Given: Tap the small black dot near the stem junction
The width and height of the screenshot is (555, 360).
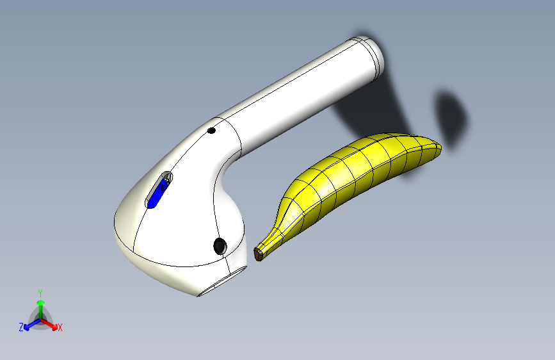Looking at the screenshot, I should click(x=211, y=131).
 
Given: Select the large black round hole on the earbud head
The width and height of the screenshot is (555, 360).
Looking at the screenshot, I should click(x=220, y=245).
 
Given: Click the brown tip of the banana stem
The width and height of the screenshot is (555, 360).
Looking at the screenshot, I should click(x=259, y=254).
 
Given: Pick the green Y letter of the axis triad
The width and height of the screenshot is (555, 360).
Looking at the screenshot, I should click(x=40, y=291).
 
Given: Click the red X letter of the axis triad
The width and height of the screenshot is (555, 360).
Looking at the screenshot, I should click(x=60, y=327).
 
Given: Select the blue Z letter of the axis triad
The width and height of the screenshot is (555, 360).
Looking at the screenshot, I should click(x=21, y=327).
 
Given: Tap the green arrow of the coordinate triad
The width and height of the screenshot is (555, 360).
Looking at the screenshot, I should click(x=40, y=304).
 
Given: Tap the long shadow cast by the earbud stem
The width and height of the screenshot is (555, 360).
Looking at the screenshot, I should click(x=378, y=109).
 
